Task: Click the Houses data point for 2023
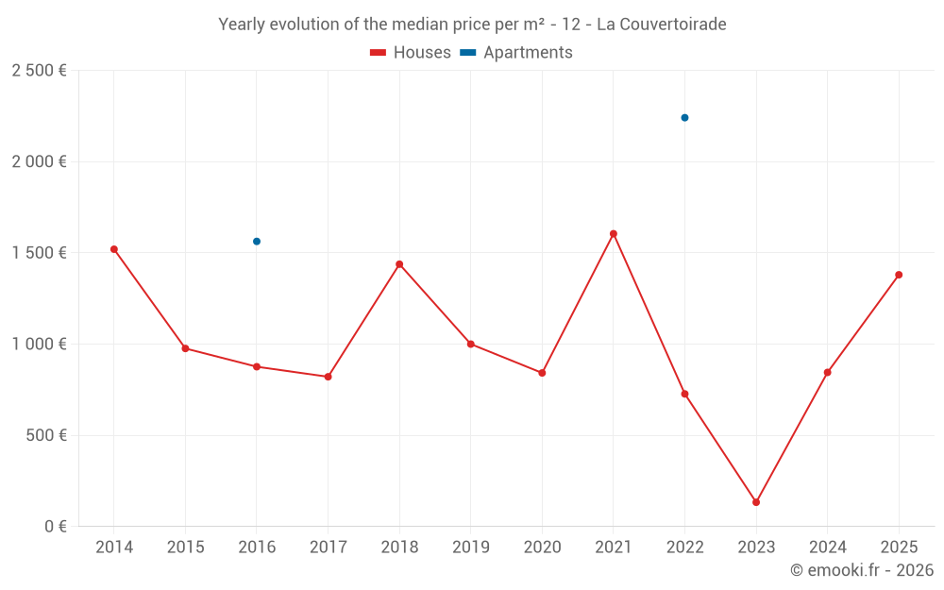[x=756, y=502]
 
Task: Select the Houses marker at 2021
[x=614, y=234]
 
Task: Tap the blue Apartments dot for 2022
[x=684, y=118]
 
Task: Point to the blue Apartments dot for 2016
[x=257, y=242]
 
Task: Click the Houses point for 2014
[x=114, y=249]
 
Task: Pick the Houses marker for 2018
[x=399, y=264]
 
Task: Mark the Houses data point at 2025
[x=899, y=275]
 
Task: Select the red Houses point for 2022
[x=684, y=394]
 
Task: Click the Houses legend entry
[x=411, y=53]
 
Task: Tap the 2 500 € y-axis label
[x=39, y=71]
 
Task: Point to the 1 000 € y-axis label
[x=39, y=345]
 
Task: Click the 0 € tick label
[x=56, y=527]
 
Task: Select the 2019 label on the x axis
[x=470, y=548]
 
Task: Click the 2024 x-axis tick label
[x=827, y=548]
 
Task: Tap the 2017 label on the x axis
[x=328, y=548]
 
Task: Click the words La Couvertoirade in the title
[x=662, y=24]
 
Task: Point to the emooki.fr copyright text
[x=862, y=570]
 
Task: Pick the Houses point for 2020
[x=542, y=373]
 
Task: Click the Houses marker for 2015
[x=185, y=348]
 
